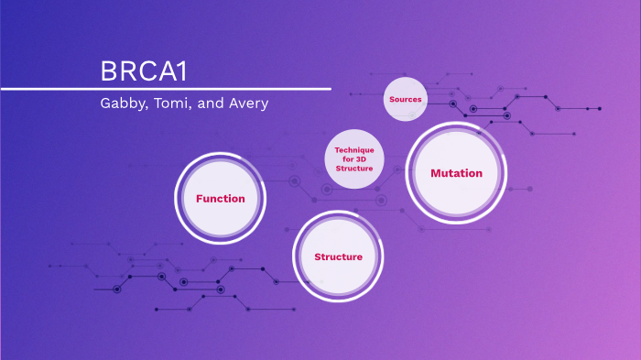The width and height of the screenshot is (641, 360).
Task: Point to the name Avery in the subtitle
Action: (x=246, y=104)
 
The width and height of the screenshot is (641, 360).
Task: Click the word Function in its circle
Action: (x=221, y=198)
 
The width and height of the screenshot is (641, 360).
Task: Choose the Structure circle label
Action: (x=338, y=256)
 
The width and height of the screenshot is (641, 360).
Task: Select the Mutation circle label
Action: (x=456, y=173)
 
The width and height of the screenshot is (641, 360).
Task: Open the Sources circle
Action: (x=405, y=99)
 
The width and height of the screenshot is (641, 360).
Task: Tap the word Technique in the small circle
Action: (x=354, y=150)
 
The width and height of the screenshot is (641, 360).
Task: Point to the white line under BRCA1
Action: (x=165, y=89)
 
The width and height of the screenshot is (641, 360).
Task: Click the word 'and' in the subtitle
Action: (x=210, y=103)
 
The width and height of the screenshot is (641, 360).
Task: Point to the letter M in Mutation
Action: (x=436, y=173)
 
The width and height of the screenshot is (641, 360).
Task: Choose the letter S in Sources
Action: (x=391, y=99)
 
